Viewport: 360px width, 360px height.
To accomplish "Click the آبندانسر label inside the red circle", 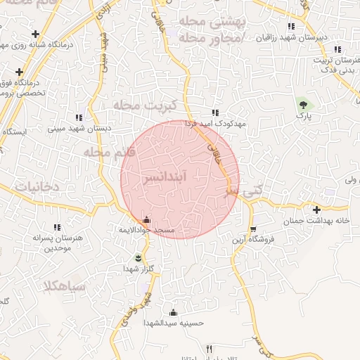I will click(x=165, y=177).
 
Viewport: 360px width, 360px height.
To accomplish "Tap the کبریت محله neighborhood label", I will click(x=139, y=105).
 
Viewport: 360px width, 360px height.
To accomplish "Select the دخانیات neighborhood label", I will click(x=25, y=188).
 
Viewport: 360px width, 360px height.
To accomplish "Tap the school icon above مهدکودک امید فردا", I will click(x=215, y=112).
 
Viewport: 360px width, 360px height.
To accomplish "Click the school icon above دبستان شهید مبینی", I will click(x=79, y=117).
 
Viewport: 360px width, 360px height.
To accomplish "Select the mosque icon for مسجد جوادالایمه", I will click(x=146, y=219).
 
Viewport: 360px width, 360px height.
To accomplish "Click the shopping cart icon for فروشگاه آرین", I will click(x=253, y=229).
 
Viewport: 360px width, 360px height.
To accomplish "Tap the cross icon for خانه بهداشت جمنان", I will click(x=317, y=210).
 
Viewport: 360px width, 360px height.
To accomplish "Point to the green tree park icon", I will click(x=303, y=103).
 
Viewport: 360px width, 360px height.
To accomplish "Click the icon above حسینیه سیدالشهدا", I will click(x=173, y=312).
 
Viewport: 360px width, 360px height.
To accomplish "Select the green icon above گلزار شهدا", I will click(x=138, y=257).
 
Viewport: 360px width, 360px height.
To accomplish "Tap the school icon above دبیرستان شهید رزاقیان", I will click(x=292, y=27).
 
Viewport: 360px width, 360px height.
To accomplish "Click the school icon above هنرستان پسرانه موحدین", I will click(x=57, y=226).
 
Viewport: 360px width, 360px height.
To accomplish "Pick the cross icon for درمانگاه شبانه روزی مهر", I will click(x=36, y=34).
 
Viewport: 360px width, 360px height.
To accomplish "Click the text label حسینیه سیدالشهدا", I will click(x=173, y=323).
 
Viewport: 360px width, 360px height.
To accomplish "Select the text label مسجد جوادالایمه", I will click(x=146, y=231).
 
